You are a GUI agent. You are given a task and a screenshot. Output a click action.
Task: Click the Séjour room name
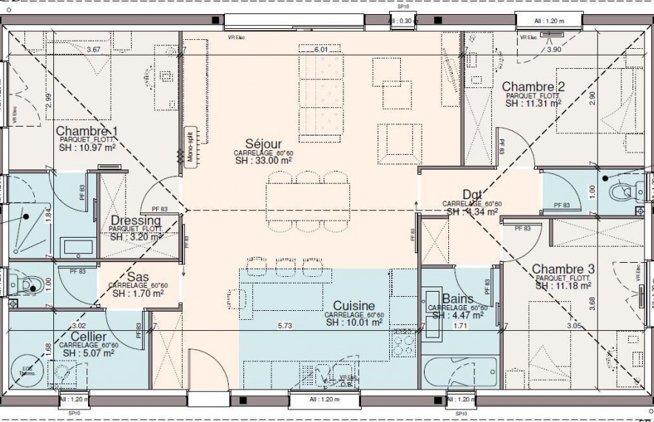click(x=263, y=144)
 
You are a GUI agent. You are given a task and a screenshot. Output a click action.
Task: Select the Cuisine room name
click(x=353, y=306)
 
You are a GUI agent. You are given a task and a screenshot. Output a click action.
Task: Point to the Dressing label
click(x=135, y=221)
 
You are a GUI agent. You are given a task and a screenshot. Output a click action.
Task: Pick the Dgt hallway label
click(x=473, y=195)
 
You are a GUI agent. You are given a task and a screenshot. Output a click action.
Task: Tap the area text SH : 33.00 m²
click(x=263, y=160)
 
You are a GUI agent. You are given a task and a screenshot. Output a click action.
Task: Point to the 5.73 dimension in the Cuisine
click(x=285, y=326)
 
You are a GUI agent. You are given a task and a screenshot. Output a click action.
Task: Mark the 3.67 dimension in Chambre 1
click(x=93, y=50)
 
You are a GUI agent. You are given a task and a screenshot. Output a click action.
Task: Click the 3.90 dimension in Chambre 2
click(x=553, y=50)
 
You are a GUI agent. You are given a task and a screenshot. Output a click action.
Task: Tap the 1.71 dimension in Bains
click(x=459, y=326)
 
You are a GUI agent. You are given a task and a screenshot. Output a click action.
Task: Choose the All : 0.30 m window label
click(x=405, y=21)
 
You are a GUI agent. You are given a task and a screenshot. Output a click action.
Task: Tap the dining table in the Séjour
click(x=308, y=198)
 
